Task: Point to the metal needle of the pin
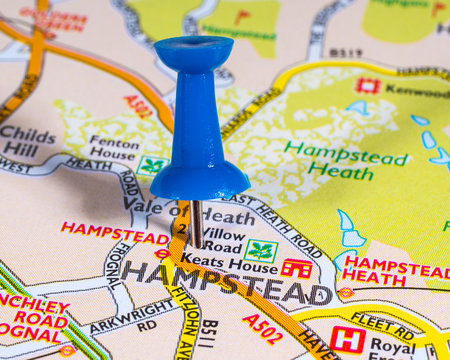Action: (197, 224)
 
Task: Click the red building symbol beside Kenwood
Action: (368, 86)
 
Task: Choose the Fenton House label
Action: (113, 150)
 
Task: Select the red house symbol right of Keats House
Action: (296, 267)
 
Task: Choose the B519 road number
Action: (346, 53)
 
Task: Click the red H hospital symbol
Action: (347, 339)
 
